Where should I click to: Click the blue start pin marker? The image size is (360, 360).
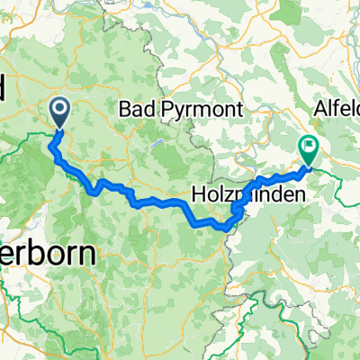(x=61, y=112)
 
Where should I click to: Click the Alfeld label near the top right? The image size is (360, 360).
(x=335, y=109)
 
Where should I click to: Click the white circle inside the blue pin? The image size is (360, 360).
(x=61, y=110)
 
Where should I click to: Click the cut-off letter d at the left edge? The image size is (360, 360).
(x=3, y=88)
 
